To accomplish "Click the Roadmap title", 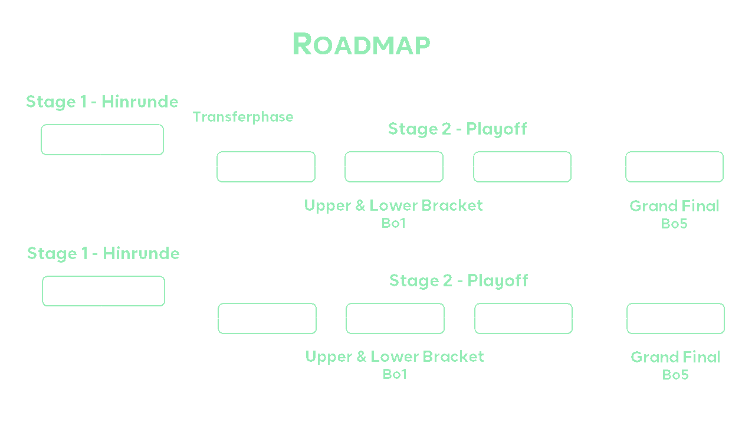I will pyautogui.click(x=361, y=44).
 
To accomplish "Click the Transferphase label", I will pyautogui.click(x=243, y=117).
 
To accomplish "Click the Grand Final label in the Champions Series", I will pyautogui.click(x=674, y=206).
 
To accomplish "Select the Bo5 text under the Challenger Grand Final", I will pyautogui.click(x=675, y=374).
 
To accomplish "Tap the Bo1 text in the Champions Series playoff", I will pyautogui.click(x=393, y=223).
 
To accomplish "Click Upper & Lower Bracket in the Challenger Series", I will pyautogui.click(x=395, y=357).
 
